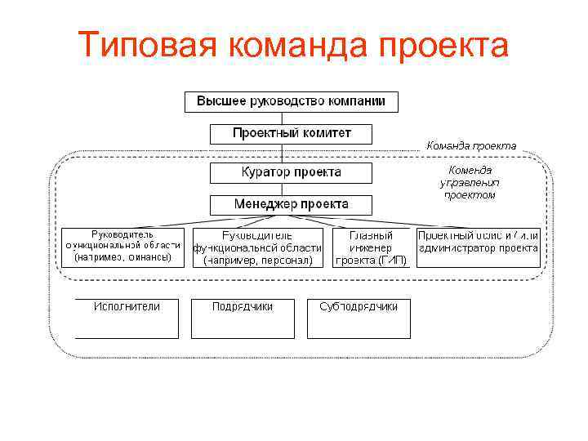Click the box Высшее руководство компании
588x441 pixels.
pyautogui.click(x=291, y=102)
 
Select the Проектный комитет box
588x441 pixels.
pyautogui.click(x=291, y=133)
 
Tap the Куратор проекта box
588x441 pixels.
pyautogui.click(x=291, y=173)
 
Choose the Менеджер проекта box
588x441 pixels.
pyautogui.click(x=291, y=204)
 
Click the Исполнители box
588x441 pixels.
pyautogui.click(x=127, y=318)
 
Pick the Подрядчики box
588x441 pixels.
pyautogui.click(x=243, y=318)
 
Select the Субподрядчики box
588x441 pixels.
pyautogui.click(x=359, y=318)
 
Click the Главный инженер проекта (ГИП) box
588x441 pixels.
pyautogui.click(x=371, y=247)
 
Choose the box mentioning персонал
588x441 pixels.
pyautogui.click(x=257, y=247)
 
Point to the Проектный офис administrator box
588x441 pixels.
pyautogui.click(x=479, y=246)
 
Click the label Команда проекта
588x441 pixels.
pyautogui.click(x=471, y=145)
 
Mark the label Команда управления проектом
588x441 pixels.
pyautogui.click(x=470, y=182)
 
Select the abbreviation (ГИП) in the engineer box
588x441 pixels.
pyautogui.click(x=392, y=260)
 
